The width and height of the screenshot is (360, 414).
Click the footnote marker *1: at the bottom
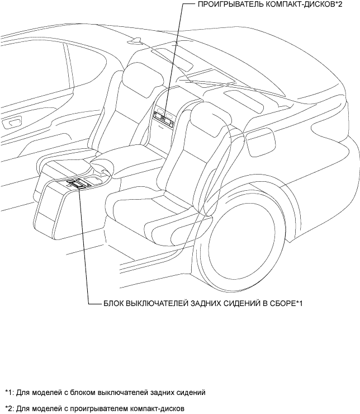click(8, 392)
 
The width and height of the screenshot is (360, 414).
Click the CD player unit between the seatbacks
click(163, 117)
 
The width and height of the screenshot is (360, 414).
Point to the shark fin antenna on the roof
click(136, 41)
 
